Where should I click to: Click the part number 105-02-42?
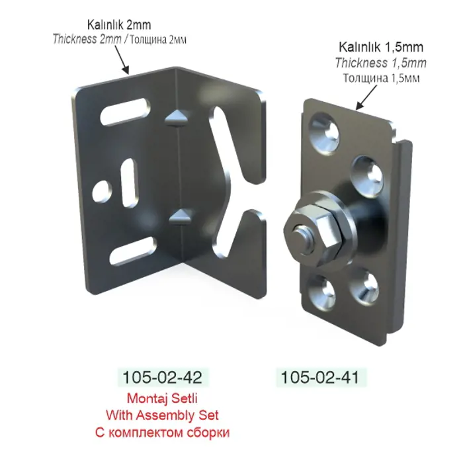click(x=162, y=377)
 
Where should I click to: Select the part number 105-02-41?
click(x=320, y=377)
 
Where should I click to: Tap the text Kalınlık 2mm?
click(x=119, y=25)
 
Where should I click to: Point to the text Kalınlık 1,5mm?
click(x=381, y=47)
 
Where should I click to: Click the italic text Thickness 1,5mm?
click(x=381, y=63)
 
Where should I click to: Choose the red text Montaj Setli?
click(x=162, y=398)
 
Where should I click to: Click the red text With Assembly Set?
click(x=162, y=415)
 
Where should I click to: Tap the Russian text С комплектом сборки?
click(x=162, y=433)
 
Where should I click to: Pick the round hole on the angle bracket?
click(x=102, y=191)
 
